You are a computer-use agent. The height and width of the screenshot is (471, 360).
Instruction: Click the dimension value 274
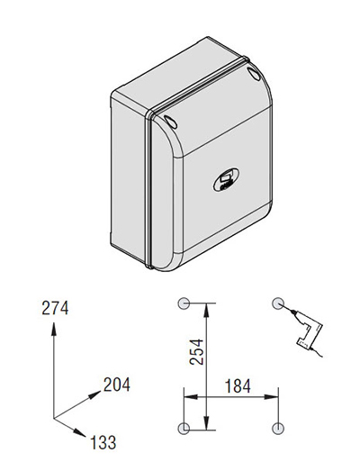[55, 308]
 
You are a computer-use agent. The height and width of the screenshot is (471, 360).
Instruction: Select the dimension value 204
[117, 385]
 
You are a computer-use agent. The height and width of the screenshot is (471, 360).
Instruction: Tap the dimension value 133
[103, 442]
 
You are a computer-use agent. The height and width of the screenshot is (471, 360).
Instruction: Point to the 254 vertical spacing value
[196, 352]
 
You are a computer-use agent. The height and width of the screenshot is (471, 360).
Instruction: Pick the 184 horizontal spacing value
[238, 386]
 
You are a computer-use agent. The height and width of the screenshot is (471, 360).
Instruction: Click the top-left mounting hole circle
[184, 303]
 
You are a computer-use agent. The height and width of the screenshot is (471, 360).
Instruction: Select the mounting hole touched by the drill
[278, 303]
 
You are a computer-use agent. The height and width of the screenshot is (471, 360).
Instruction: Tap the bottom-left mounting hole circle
[184, 428]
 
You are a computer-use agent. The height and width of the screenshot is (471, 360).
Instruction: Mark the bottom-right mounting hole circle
[278, 428]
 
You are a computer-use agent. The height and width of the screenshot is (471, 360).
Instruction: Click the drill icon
[305, 330]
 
